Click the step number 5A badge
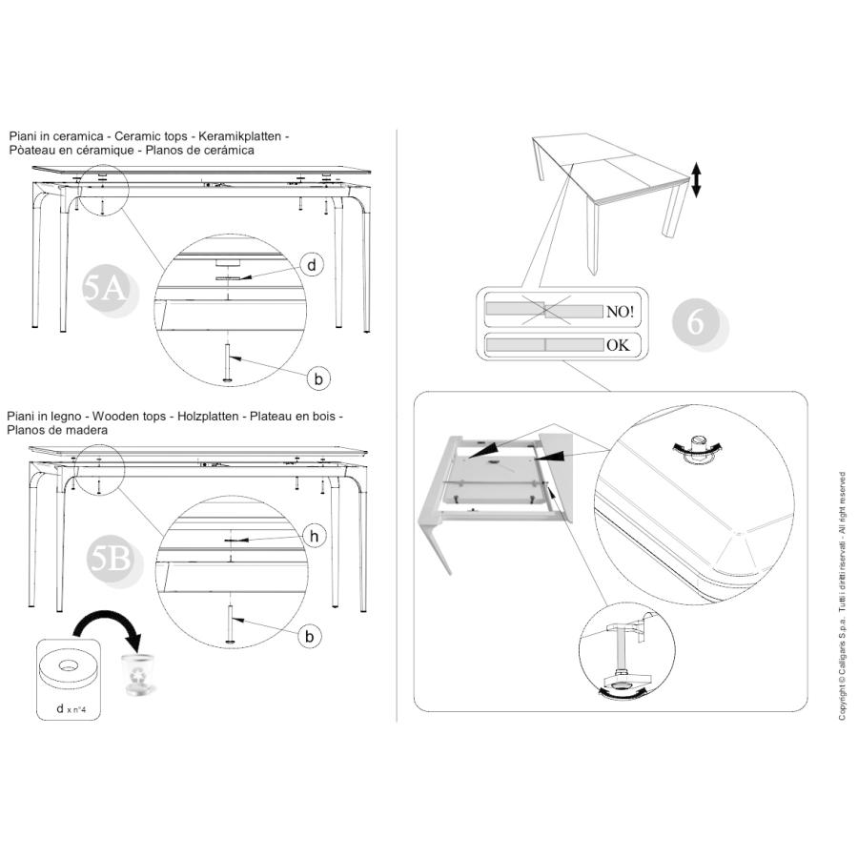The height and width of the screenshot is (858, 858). coord(110,291)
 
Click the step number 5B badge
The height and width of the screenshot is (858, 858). coord(113,561)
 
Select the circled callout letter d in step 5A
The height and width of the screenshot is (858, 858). coord(312,265)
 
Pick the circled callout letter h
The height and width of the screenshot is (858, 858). coord(314,536)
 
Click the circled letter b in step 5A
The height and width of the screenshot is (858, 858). coord(318,378)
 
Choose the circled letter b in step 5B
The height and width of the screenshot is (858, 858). coord(310,637)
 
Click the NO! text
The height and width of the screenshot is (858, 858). coord(620,312)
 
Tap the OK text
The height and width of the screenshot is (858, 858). coord(618,345)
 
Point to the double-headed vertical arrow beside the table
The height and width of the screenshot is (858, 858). coord(696,179)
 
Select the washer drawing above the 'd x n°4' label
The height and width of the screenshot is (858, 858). coord(69,669)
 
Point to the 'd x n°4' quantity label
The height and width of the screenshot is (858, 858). coord(71,709)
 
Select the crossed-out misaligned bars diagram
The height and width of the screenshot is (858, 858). coord(545,310)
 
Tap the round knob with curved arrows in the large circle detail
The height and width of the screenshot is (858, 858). coord(697,448)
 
